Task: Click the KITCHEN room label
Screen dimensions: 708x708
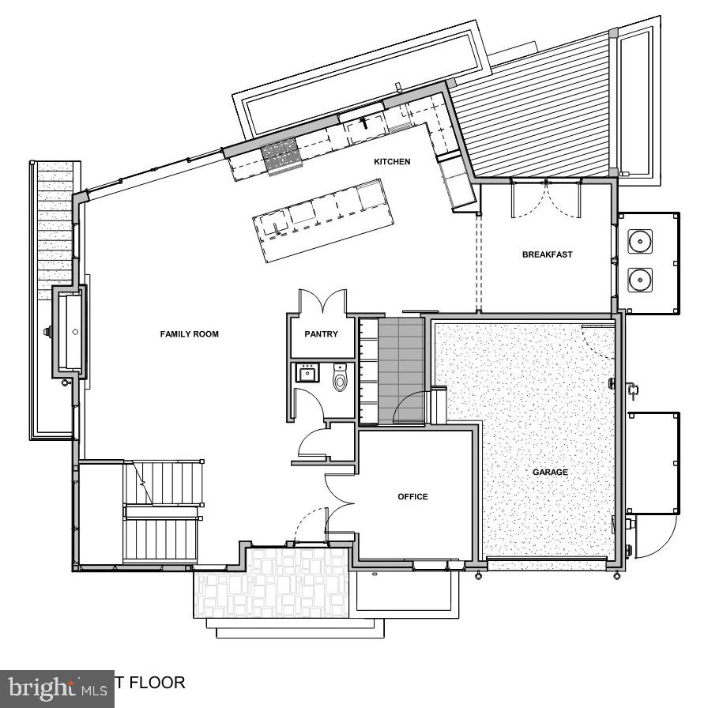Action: pyautogui.click(x=392, y=162)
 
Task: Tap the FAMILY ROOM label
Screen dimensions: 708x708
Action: pyautogui.click(x=189, y=334)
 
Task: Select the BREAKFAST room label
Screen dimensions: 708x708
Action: pyautogui.click(x=547, y=254)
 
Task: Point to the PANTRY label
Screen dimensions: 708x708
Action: pyautogui.click(x=321, y=334)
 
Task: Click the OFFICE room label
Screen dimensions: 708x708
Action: pyautogui.click(x=412, y=496)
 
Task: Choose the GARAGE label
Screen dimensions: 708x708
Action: pyautogui.click(x=550, y=472)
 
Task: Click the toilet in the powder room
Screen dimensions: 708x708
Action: pyautogui.click(x=341, y=380)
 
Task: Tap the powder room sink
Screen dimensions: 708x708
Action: pyautogui.click(x=307, y=373)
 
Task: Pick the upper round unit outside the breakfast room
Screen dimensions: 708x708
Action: pyautogui.click(x=639, y=241)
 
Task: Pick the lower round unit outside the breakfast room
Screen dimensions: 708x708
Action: pyautogui.click(x=639, y=278)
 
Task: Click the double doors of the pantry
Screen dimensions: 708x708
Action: pyautogui.click(x=322, y=302)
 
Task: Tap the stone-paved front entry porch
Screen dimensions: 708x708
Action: pyautogui.click(x=272, y=583)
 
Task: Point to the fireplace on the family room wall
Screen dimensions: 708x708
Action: pyautogui.click(x=69, y=330)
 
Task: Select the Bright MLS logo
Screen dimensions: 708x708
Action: pyautogui.click(x=57, y=687)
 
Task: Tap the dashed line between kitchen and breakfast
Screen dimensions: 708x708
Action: pyautogui.click(x=476, y=261)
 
